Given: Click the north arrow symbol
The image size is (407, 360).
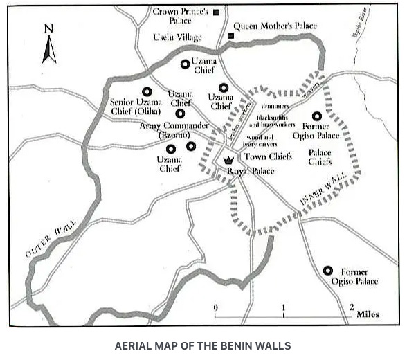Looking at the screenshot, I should (49, 46).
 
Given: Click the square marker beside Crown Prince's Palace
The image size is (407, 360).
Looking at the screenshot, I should (217, 12).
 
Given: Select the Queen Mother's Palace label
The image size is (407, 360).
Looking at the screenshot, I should (275, 26).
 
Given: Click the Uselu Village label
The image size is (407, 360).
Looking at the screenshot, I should (178, 37).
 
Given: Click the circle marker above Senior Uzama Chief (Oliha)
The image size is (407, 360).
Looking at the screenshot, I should (147, 91).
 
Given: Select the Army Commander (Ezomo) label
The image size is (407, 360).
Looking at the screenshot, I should (174, 129).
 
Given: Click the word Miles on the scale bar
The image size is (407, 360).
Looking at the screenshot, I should (368, 314).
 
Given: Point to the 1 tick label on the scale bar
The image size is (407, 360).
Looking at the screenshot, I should (283, 307).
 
